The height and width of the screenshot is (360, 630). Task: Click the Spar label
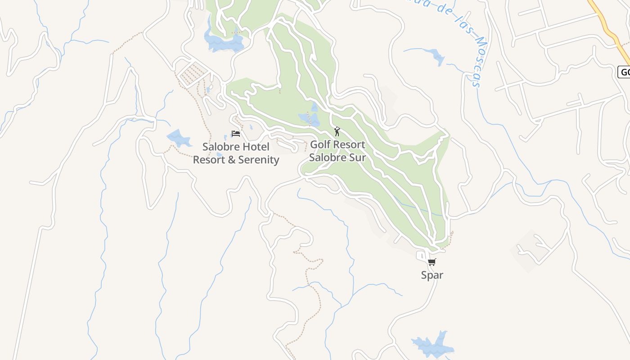pyautogui.click(x=432, y=275)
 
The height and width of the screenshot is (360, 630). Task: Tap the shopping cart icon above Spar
pyautogui.click(x=432, y=262)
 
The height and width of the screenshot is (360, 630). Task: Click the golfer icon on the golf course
pyautogui.click(x=337, y=131)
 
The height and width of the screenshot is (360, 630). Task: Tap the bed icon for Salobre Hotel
pyautogui.click(x=235, y=134)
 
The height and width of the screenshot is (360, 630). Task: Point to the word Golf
pyautogui.click(x=320, y=145)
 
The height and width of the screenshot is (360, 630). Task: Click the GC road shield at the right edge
pyautogui.click(x=625, y=72)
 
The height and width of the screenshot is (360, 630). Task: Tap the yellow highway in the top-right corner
pyautogui.click(x=607, y=27)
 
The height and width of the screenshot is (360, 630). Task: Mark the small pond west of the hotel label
pyautogui.click(x=179, y=139)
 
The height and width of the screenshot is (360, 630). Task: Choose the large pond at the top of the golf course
pyautogui.click(x=223, y=42)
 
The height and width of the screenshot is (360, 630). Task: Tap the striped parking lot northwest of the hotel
pyautogui.click(x=194, y=74)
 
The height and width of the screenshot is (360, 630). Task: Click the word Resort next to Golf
pyautogui.click(x=348, y=145)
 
